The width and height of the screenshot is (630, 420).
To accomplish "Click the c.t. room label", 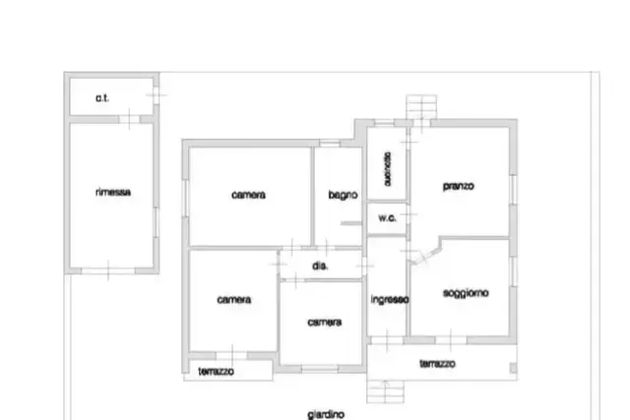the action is click(102, 98).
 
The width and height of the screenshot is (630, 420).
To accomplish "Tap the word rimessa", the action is click(113, 192).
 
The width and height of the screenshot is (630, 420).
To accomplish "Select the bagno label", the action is click(343, 195).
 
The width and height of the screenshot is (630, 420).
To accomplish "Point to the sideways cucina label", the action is click(387, 169).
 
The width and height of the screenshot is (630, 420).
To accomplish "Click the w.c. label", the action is click(387, 218).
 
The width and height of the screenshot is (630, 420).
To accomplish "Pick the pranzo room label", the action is click(459, 186).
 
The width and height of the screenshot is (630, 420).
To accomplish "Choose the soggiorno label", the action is click(466, 293).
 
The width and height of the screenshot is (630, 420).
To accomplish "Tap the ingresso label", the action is click(390, 300).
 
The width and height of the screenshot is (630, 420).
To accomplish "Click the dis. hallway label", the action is click(320, 266).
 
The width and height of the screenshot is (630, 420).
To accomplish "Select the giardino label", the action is click(326, 414).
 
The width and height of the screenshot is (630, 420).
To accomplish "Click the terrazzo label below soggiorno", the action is click(437, 364).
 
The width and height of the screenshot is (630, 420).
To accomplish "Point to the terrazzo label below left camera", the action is click(217, 372).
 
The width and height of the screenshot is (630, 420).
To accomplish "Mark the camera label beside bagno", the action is click(249, 195).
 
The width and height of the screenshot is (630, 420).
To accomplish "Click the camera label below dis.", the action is click(325, 323).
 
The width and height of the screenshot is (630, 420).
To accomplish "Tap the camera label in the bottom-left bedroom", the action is click(234, 300).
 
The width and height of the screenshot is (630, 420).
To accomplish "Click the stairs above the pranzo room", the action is click(421, 107).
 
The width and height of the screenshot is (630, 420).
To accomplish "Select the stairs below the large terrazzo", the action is click(385, 391).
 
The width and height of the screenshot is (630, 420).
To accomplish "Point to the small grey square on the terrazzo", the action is click(513, 368).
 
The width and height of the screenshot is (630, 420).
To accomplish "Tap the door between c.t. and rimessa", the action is click(129, 119).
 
